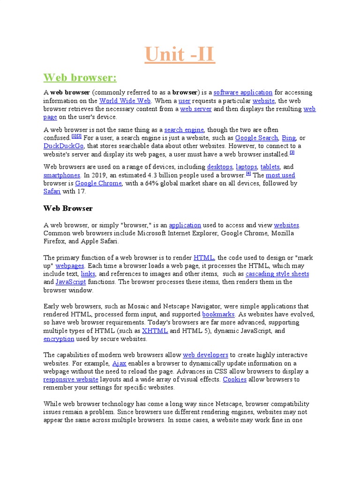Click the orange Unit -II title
[180, 54]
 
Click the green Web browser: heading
[80, 77]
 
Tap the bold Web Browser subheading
[68, 208]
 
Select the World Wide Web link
[125, 101]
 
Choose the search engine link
[184, 129]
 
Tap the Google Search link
[256, 138]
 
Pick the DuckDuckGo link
[63, 146]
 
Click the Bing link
[289, 138]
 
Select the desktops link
[219, 166]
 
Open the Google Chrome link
[98, 183]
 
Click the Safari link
[52, 191]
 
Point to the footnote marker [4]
[248, 173]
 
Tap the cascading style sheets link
[277, 274]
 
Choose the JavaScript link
[71, 282]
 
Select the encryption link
[59, 338]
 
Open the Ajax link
[119, 363]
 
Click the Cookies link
[234, 379]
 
